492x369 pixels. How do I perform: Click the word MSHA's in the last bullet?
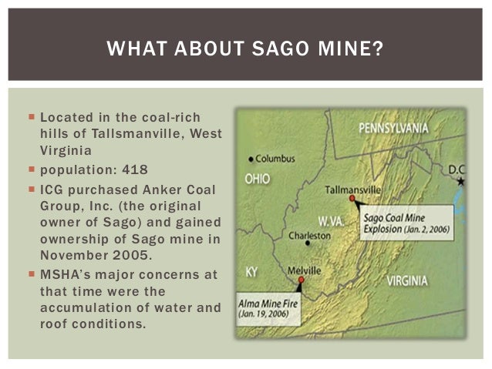[x=66, y=275]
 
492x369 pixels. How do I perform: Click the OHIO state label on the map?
[x=257, y=176]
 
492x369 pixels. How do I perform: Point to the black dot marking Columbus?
[x=251, y=159]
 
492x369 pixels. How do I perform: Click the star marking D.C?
[x=461, y=182]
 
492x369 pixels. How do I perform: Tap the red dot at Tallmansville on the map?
[x=352, y=199]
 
